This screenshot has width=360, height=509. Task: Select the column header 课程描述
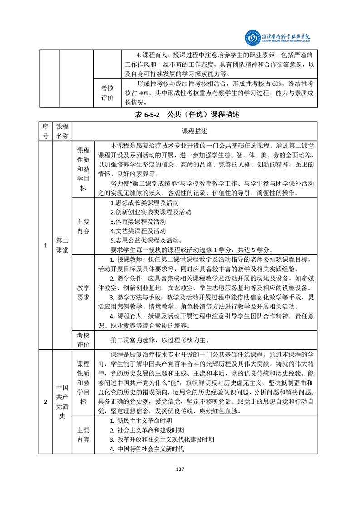pos(195,131)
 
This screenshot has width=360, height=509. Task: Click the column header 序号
pos(45,131)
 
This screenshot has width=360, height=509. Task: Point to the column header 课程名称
pos(62,131)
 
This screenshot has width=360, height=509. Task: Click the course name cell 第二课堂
pos(62,245)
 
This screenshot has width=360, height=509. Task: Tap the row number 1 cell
pos(45,245)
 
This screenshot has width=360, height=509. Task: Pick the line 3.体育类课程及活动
pos(138,222)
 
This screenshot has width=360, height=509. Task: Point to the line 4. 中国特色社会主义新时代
pos(146,449)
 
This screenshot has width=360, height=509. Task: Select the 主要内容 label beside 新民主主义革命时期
pos(83,435)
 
